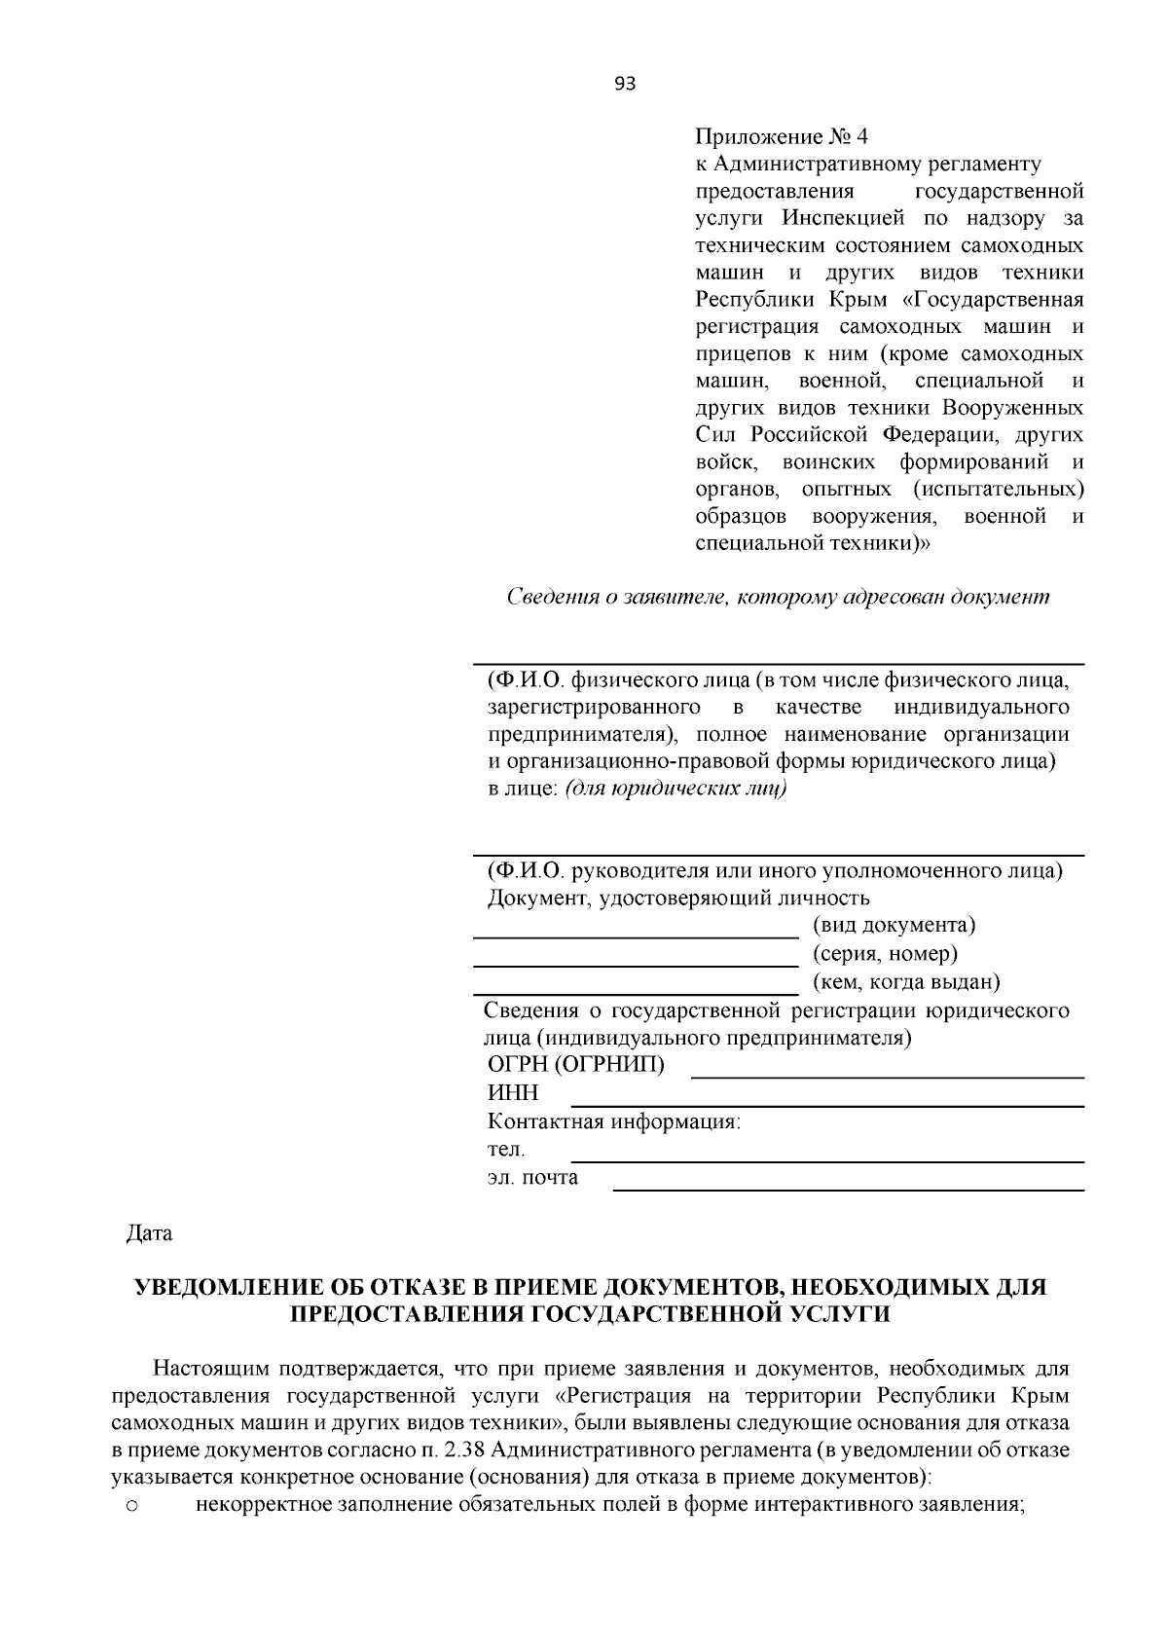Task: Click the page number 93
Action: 625,84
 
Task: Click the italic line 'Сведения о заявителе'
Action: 778,597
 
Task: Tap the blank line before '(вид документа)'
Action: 635,935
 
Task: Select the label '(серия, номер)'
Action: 885,953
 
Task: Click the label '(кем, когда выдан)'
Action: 906,981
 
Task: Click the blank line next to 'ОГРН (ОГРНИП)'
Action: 887,1075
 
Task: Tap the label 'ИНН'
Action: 512,1093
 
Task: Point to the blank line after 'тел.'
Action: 826,1159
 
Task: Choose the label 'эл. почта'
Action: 532,1178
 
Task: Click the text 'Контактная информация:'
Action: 613,1121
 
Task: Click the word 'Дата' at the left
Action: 149,1233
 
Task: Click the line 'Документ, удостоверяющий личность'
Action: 678,898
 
